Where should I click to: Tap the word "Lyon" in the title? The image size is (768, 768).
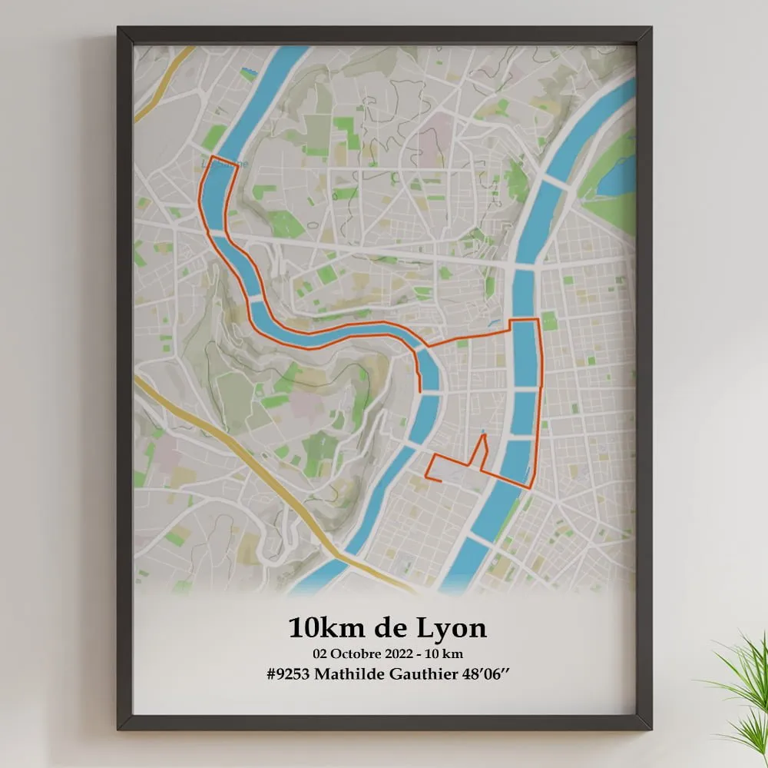452,629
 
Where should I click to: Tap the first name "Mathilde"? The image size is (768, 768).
353,673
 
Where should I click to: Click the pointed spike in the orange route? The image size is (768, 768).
484,436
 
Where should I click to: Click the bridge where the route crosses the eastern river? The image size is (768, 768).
525,319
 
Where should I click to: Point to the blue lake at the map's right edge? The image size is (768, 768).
618,176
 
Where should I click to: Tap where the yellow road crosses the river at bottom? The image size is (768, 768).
346,557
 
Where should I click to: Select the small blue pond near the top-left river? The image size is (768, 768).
247,74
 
